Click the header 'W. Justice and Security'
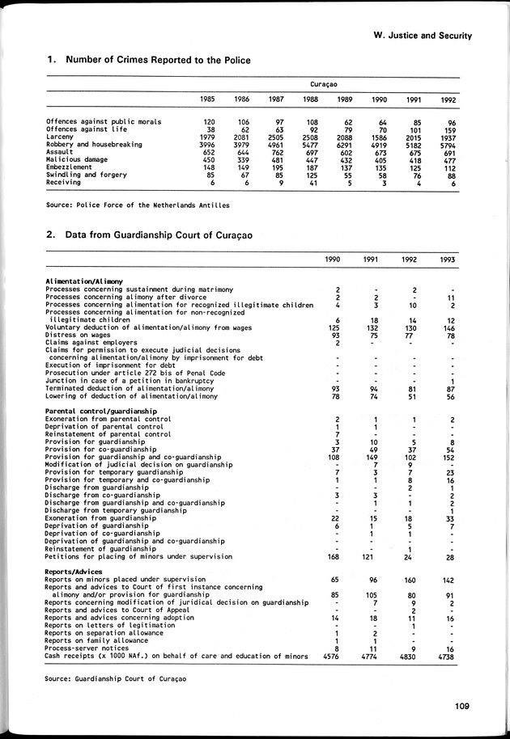423,36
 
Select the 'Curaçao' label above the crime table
323,83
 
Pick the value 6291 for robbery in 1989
342,145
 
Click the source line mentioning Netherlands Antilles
138,205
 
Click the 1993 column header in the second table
446,260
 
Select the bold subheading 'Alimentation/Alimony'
84,281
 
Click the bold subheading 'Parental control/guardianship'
101,412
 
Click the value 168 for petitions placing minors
333,557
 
